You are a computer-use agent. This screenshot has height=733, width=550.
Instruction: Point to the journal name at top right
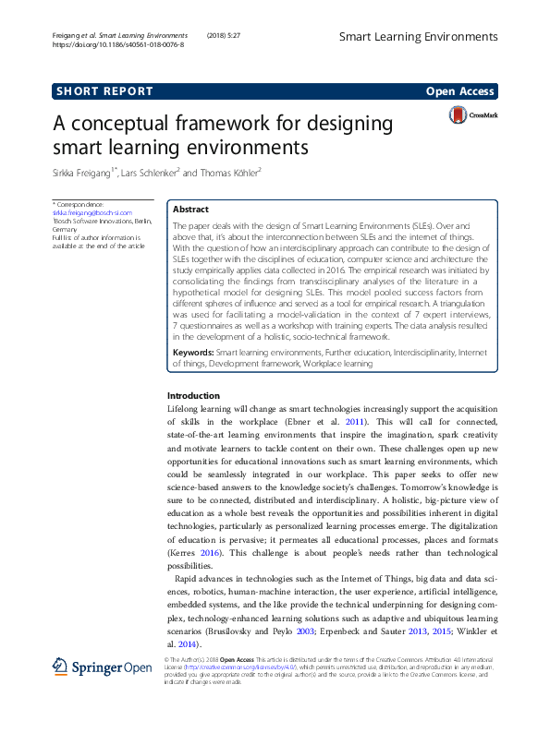click(x=417, y=37)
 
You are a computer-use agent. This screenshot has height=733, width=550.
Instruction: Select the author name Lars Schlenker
click(x=153, y=172)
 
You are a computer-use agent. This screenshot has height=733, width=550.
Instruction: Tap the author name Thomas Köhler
click(x=228, y=172)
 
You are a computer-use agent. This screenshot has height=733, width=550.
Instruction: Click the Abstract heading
click(x=191, y=210)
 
